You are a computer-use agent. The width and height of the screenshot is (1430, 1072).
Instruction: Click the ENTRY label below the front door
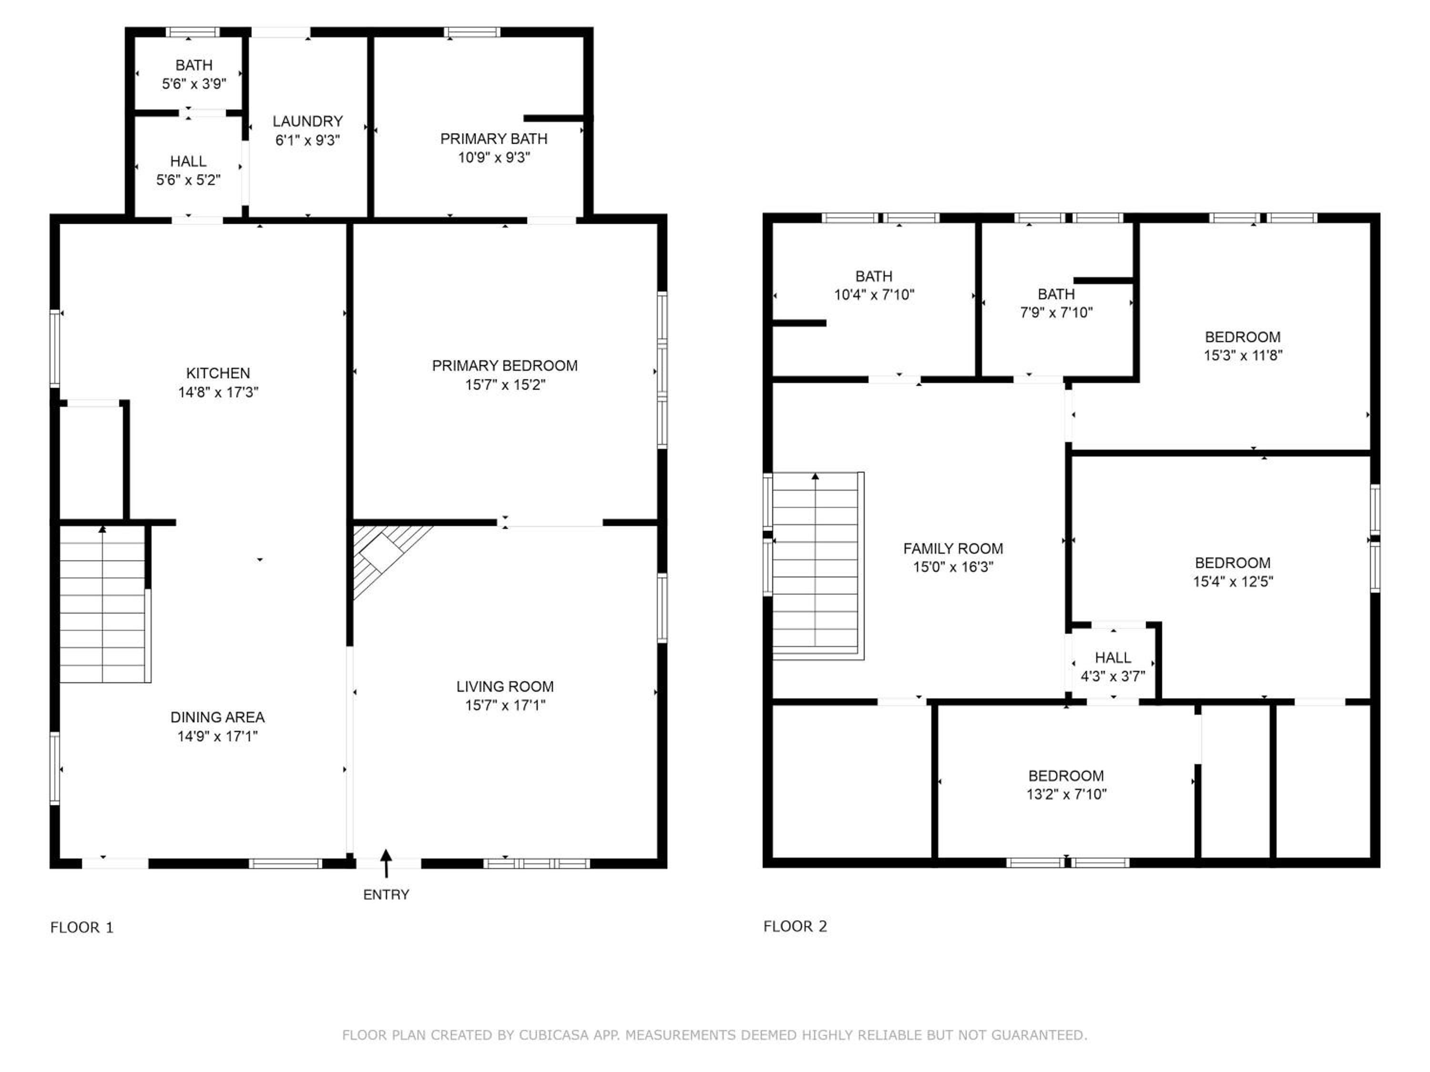386,894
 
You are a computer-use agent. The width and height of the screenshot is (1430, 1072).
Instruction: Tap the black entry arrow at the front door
386,863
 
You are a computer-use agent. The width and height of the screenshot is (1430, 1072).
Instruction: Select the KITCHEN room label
218,373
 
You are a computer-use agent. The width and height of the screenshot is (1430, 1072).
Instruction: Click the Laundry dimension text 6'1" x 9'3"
308,140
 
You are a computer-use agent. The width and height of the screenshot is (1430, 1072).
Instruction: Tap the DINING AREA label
217,717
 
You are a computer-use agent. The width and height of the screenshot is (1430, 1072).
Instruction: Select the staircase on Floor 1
103,604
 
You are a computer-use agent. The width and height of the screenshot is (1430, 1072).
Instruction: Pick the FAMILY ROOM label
953,548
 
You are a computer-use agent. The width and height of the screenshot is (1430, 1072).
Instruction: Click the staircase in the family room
818,566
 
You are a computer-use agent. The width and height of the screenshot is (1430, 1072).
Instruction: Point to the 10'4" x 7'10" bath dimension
874,294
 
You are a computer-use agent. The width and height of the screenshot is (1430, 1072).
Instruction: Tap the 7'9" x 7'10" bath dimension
1056,312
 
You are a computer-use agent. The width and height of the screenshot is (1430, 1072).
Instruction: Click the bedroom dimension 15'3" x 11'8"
1243,355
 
